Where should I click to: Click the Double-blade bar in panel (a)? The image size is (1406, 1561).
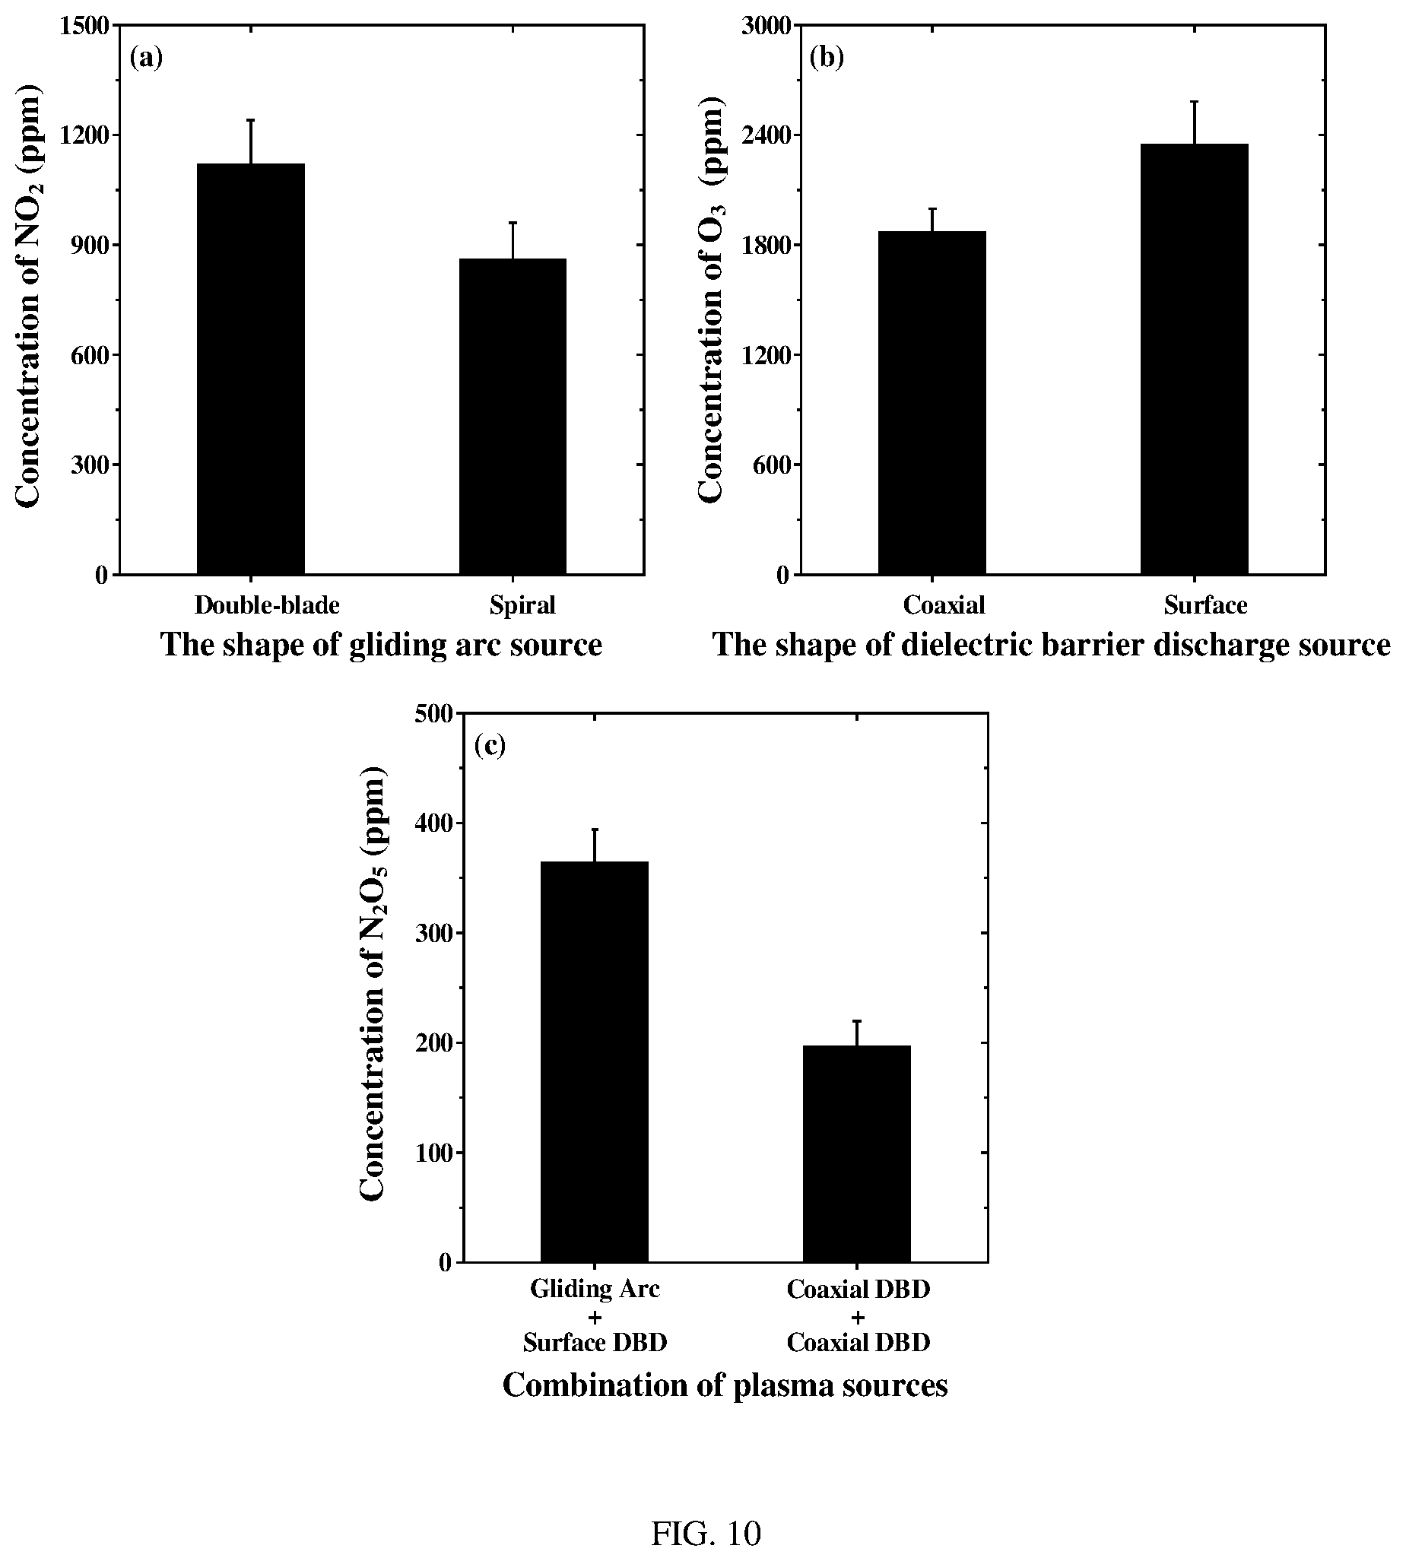click(251, 369)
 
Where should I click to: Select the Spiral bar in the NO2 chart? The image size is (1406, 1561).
click(513, 417)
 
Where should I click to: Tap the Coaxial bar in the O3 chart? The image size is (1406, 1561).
click(932, 402)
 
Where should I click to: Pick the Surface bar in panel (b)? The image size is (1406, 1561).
click(1195, 359)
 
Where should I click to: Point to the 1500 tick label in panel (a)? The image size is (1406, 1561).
click(85, 26)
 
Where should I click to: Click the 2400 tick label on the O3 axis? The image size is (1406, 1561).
click(766, 135)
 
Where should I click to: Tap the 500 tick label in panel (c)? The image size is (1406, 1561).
click(435, 713)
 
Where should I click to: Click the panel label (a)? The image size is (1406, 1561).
click(146, 58)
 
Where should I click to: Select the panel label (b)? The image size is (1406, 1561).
click(827, 58)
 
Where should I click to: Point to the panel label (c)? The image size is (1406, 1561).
click(490, 745)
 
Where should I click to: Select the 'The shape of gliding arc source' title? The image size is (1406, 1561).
click(381, 644)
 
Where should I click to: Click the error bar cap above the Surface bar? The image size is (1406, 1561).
click(1195, 101)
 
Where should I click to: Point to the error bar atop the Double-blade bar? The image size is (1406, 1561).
click(251, 141)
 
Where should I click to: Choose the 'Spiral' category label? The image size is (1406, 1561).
click(522, 605)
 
